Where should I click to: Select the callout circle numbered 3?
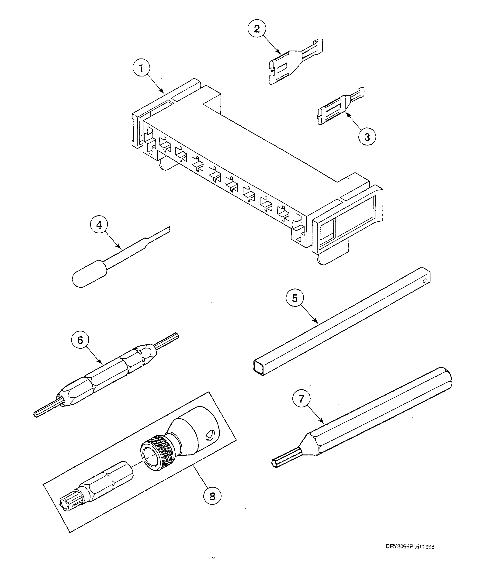coord(367,137)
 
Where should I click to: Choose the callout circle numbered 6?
coord(80,340)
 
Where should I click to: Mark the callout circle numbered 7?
coord(301,399)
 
